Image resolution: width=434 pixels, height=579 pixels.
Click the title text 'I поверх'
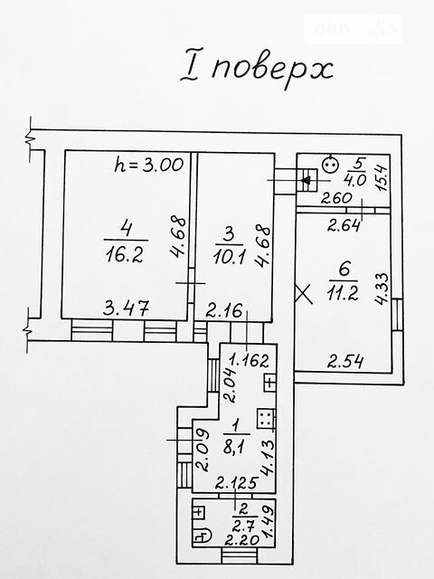click(257, 69)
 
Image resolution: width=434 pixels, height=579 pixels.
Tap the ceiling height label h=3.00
click(148, 165)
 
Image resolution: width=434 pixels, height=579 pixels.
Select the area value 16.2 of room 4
click(125, 255)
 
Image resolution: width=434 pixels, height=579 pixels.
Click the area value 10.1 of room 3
click(229, 256)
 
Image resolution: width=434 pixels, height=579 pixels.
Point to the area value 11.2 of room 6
click(343, 294)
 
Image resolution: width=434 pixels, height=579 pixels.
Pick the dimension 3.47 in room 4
click(127, 308)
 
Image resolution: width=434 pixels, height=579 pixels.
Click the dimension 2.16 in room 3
click(224, 311)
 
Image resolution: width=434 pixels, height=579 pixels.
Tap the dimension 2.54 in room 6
click(345, 362)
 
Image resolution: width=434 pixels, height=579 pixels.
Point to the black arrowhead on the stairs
click(306, 181)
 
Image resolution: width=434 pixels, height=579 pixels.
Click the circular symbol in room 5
click(328, 165)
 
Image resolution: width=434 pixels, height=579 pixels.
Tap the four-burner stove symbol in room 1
click(265, 418)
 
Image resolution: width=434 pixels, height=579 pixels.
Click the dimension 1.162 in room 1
click(249, 360)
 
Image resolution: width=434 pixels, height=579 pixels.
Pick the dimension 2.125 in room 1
click(236, 482)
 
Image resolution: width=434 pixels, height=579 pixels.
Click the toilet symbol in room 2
click(203, 536)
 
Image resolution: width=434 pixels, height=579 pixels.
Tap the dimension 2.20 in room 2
click(242, 541)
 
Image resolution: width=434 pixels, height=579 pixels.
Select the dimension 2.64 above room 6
click(344, 225)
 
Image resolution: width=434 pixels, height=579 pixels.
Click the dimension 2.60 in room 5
click(336, 199)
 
